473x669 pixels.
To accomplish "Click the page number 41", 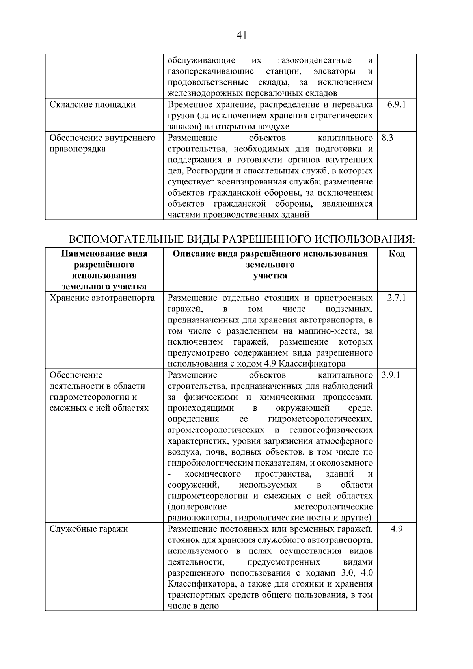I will click(x=242, y=35).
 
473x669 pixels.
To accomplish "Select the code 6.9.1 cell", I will click(x=397, y=104).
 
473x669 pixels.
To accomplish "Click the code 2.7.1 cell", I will click(x=396, y=298).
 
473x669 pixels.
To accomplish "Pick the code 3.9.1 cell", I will click(x=391, y=375).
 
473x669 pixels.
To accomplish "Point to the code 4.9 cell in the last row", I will click(x=397, y=529).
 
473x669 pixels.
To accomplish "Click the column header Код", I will click(x=397, y=253).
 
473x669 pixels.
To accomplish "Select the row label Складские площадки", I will click(x=93, y=104).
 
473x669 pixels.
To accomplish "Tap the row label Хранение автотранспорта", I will click(x=102, y=298).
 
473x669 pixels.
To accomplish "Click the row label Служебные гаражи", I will click(x=89, y=529).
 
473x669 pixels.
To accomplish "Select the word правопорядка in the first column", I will click(x=78, y=149).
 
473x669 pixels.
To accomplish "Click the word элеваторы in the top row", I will click(x=334, y=71).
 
